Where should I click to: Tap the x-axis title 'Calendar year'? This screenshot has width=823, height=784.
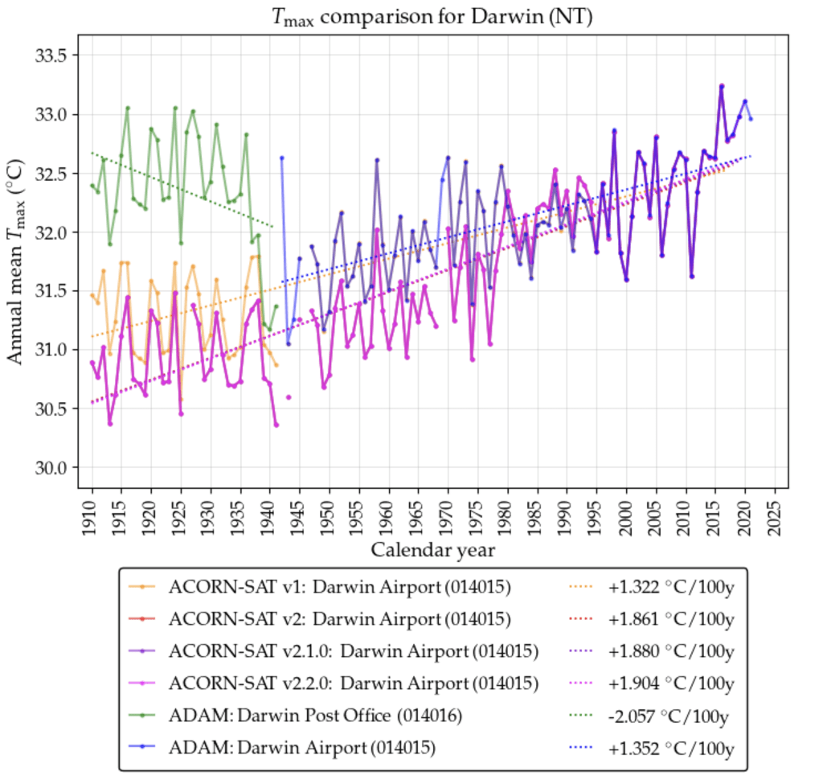pos(432,550)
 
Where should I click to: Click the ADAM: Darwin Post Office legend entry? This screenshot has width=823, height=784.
pos(315,716)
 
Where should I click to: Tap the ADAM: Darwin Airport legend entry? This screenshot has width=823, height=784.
pos(301,748)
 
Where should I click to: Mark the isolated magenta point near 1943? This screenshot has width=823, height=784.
pos(288,397)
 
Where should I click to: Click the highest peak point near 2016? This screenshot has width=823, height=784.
pos(722,85)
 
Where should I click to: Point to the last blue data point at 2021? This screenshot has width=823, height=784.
pos(751,119)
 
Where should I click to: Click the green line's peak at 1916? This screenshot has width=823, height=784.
pos(128,108)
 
